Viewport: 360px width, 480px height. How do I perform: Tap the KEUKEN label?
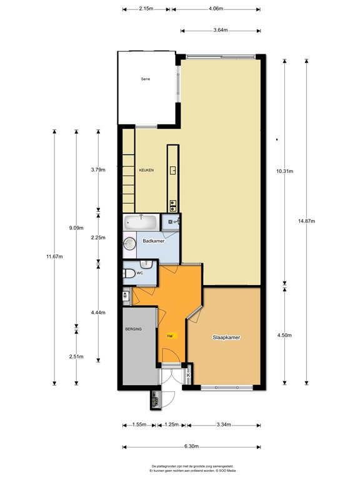pos(146,170)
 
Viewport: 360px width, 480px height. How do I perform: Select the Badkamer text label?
pos(153,241)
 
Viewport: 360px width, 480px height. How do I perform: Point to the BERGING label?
pos(133,329)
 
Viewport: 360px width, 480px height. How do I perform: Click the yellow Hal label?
pos(170,336)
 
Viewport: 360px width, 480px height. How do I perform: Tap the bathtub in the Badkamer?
pos(141,222)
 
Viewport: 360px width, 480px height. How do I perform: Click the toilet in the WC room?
pos(128,273)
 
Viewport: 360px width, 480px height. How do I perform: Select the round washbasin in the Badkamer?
pos(130,244)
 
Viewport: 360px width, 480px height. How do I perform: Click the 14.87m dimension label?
pos(306,221)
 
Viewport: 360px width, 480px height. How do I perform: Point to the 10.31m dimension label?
pos(285,171)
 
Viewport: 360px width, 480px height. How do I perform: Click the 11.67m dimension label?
pos(54,256)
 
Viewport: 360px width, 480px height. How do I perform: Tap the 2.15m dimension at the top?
pos(146,9)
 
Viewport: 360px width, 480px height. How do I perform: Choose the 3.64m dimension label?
pos(220,30)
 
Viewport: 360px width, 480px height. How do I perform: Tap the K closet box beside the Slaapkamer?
pos(189,376)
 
